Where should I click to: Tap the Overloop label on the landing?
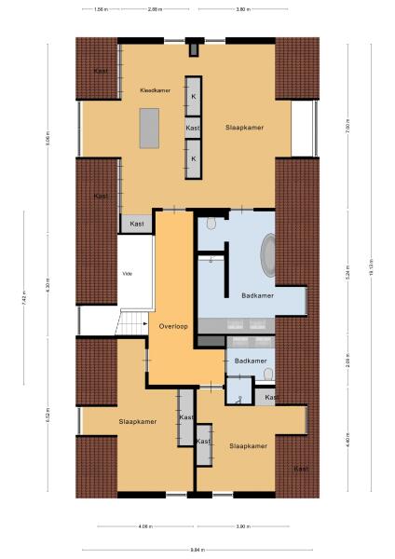173,326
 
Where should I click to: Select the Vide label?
128,274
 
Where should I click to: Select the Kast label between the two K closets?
193,128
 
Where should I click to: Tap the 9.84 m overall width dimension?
197,549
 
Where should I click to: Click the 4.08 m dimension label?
144,527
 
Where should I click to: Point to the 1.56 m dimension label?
101,9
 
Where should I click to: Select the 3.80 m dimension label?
242,9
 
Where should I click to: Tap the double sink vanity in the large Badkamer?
246,325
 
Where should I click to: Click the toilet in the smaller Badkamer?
268,375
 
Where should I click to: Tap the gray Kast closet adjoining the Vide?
137,224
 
